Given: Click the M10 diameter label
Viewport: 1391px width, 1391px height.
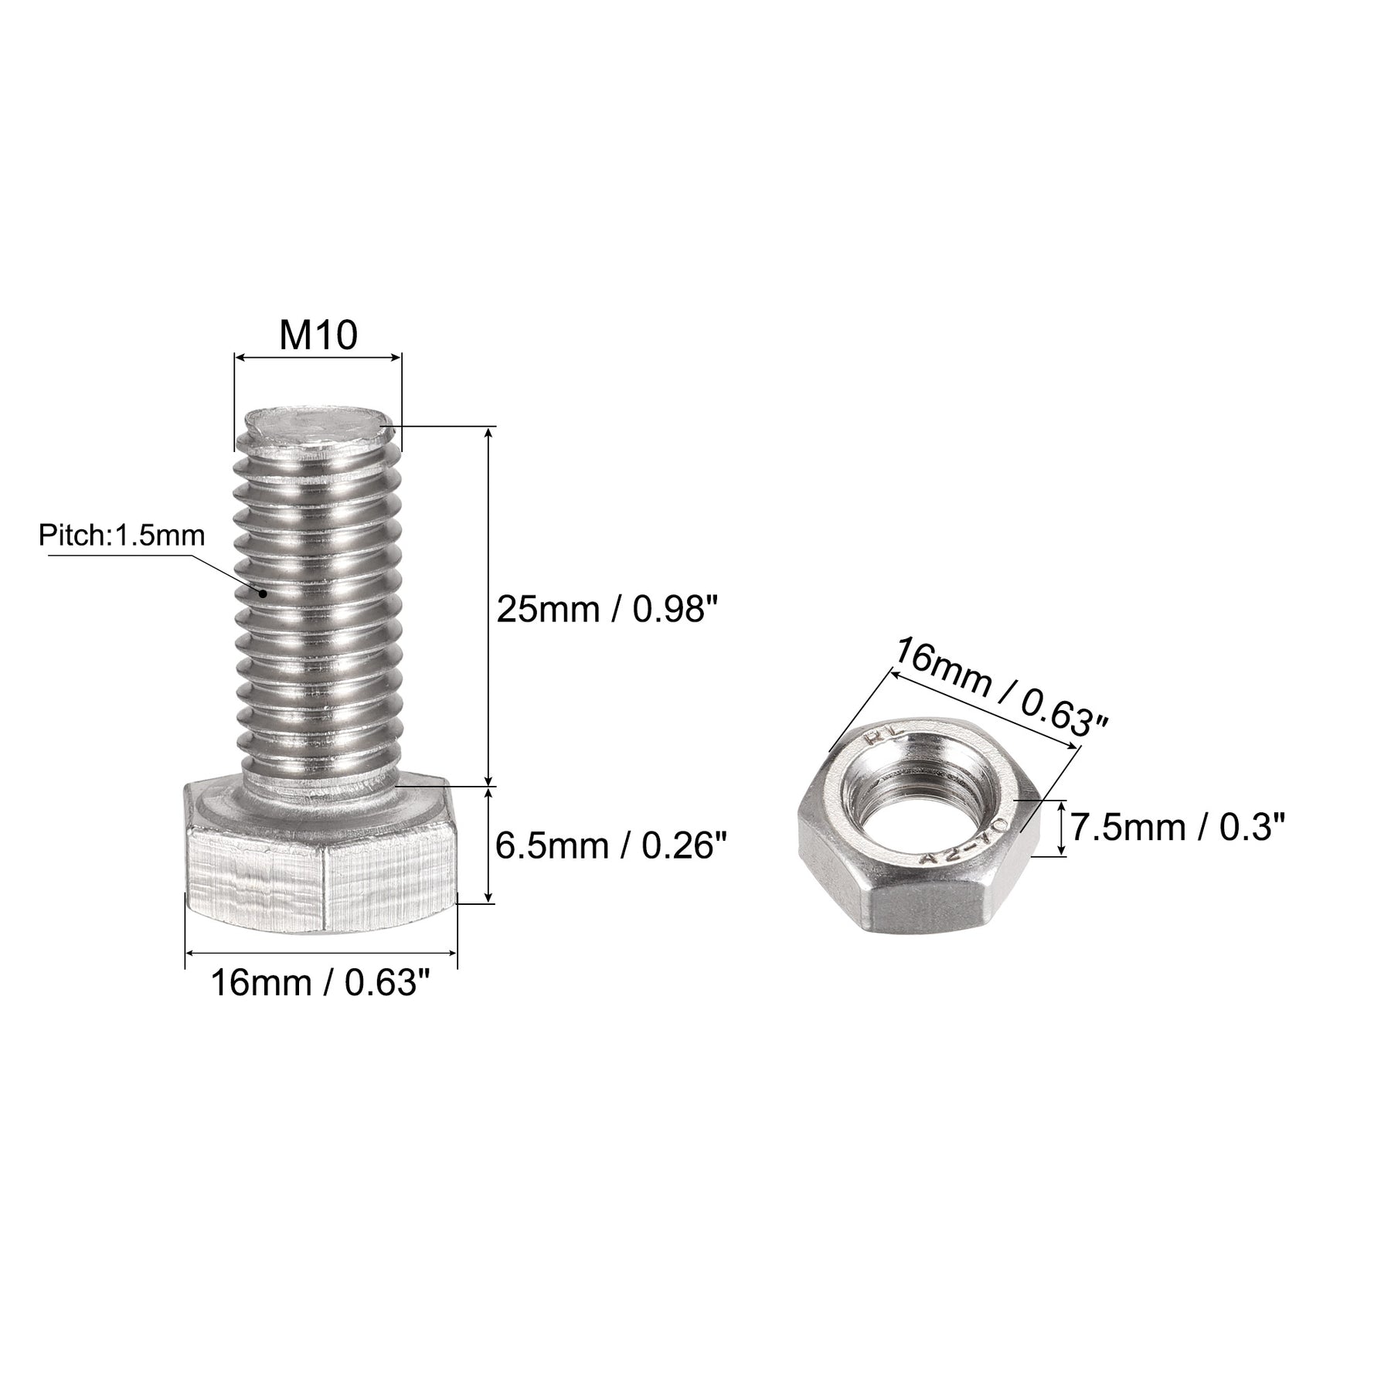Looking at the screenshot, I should [x=318, y=335].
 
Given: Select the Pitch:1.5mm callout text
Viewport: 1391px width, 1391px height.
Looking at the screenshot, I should [x=122, y=535].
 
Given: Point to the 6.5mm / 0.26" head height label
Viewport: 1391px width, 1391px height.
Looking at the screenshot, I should [x=611, y=846].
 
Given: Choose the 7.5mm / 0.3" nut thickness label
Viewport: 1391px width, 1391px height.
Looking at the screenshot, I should [x=1177, y=827].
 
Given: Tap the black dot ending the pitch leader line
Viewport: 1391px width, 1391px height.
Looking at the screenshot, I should [x=264, y=593].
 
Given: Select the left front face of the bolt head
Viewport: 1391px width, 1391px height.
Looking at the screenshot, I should [x=255, y=881].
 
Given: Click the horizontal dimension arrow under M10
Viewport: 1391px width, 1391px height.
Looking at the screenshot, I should [x=318, y=357].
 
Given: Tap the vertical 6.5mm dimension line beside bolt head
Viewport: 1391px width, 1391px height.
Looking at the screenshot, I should [x=488, y=845].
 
